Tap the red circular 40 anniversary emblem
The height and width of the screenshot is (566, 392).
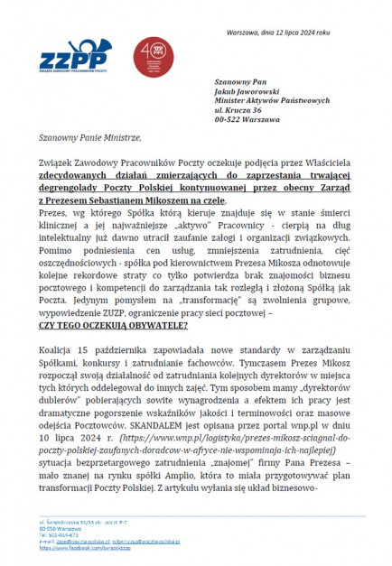148,57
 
